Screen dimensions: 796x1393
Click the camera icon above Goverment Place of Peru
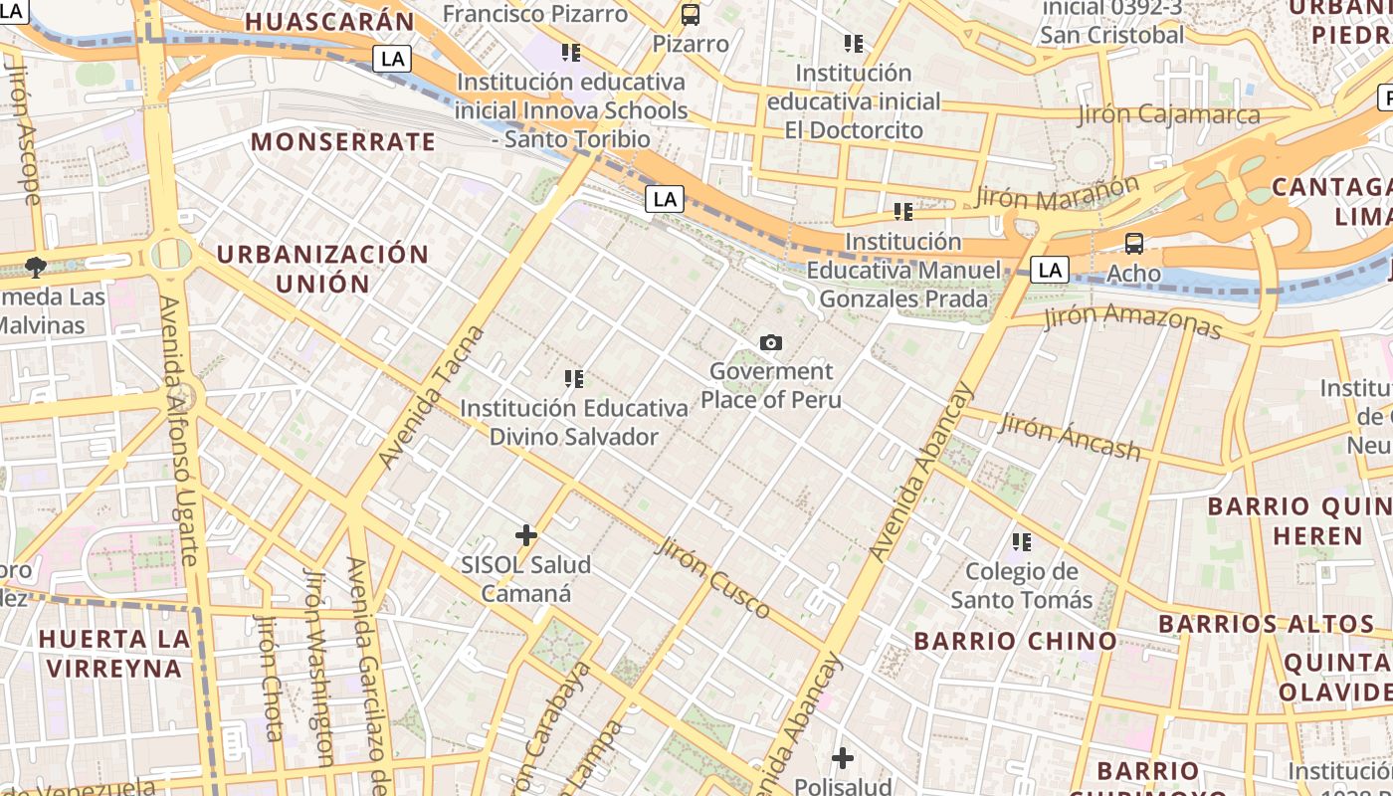pyautogui.click(x=771, y=343)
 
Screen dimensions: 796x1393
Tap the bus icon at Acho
pyautogui.click(x=1133, y=244)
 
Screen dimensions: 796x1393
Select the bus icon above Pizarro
pyautogui.click(x=691, y=15)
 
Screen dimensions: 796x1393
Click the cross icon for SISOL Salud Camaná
pyautogui.click(x=526, y=535)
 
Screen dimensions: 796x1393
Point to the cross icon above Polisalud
pyautogui.click(x=843, y=758)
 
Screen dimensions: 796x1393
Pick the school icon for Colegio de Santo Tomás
pyautogui.click(x=1022, y=542)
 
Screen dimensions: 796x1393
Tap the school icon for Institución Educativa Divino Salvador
pyautogui.click(x=574, y=379)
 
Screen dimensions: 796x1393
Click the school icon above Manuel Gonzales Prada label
pyautogui.click(x=903, y=212)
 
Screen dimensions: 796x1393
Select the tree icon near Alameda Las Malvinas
pyautogui.click(x=36, y=267)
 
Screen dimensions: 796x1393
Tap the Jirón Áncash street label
pyautogui.click(x=1070, y=437)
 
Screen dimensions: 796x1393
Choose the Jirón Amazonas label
pyautogui.click(x=1132, y=321)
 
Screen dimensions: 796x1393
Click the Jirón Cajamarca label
pyautogui.click(x=1169, y=114)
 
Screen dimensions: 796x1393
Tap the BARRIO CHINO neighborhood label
pyautogui.click(x=1016, y=641)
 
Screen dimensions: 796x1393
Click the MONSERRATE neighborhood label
pyautogui.click(x=343, y=142)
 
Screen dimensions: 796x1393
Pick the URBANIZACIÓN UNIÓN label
pyautogui.click(x=322, y=269)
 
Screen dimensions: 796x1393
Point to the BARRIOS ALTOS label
pyautogui.click(x=1267, y=625)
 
